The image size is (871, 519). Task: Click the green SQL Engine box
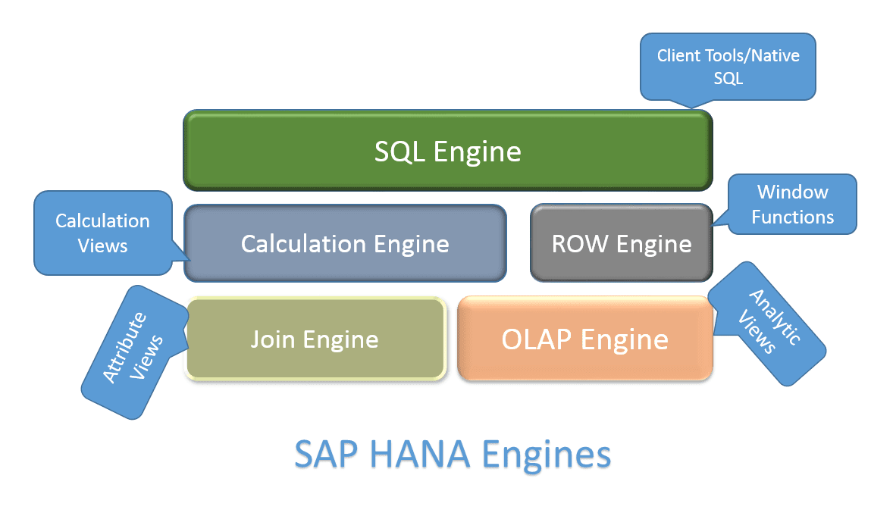click(x=447, y=151)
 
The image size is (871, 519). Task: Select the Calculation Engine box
click(x=345, y=243)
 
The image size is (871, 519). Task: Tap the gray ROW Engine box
click(x=621, y=243)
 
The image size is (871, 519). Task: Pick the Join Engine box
click(x=315, y=339)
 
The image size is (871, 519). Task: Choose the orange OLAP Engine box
click(x=584, y=339)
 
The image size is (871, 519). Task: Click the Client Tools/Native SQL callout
click(x=728, y=67)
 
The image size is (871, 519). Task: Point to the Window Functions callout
click(x=792, y=204)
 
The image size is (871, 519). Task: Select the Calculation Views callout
click(x=102, y=233)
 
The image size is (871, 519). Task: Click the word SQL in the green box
click(x=400, y=151)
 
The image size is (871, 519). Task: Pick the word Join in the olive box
click(x=273, y=339)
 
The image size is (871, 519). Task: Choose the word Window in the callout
click(x=793, y=192)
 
